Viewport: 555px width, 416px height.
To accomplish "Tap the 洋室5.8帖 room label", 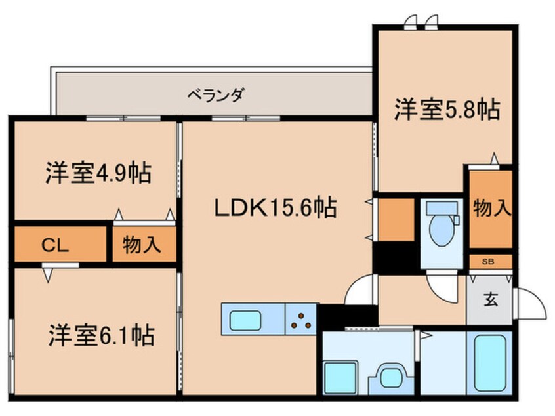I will tap(447, 109).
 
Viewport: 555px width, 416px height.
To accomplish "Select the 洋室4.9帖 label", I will tap(98, 174).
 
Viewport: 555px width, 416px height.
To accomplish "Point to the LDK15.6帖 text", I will tap(276, 209).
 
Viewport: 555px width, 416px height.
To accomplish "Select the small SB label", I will tap(488, 262).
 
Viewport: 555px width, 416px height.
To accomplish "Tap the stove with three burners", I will tap(301, 320).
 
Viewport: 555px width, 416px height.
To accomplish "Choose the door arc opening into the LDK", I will tap(359, 290).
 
